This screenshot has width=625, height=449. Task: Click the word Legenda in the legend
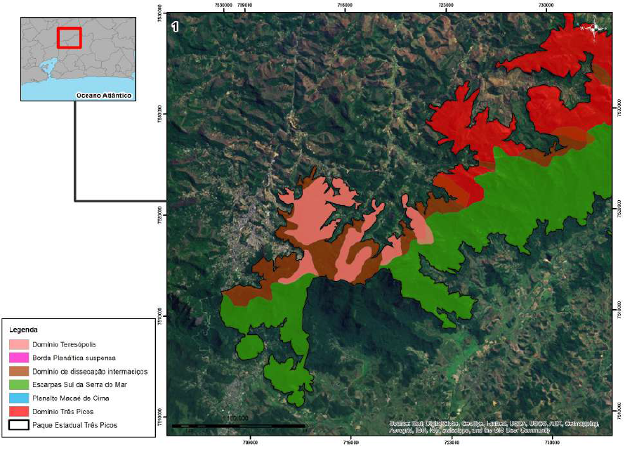pyautogui.click(x=23, y=329)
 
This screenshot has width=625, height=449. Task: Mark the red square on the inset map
pyautogui.click(x=70, y=37)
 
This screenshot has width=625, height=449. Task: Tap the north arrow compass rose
pyautogui.click(x=595, y=28)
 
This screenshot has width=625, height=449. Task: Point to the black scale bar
pyautogui.click(x=239, y=426)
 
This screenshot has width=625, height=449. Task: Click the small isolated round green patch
pyautogui.click(x=249, y=346)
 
